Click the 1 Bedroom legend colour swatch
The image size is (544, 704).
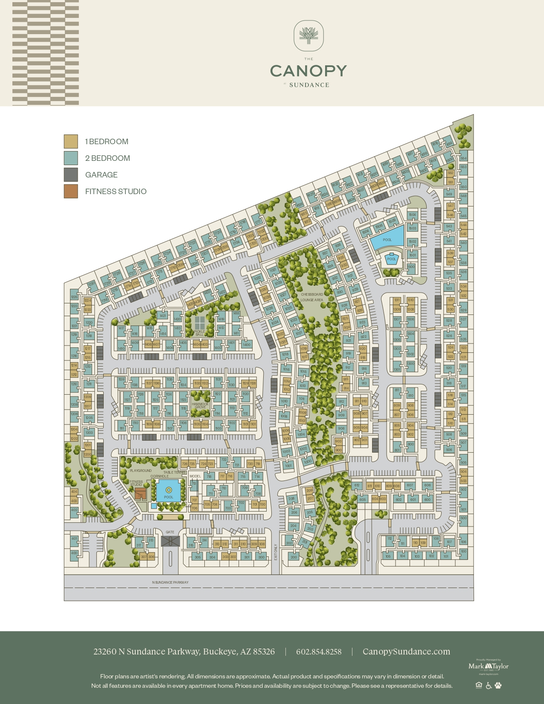[71, 141]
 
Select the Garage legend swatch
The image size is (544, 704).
[71, 175]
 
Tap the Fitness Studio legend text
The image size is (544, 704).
[116, 192]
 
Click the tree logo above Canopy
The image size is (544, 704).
[308, 36]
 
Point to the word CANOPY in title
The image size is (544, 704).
[308, 71]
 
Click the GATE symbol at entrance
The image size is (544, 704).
[170, 541]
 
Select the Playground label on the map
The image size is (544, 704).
[141, 471]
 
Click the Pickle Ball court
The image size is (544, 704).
[200, 323]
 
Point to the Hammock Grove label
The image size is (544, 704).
[200, 405]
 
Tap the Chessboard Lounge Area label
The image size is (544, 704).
[312, 297]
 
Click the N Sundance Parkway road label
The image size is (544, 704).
[170, 582]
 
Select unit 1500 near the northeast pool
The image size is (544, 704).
[410, 267]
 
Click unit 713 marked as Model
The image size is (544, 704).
[194, 484]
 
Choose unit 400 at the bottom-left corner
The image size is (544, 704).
[74, 553]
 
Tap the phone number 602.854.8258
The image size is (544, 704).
[319, 652]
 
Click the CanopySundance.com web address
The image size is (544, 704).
[406, 652]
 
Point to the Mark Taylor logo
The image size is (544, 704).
[489, 666]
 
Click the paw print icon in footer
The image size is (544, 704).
[498, 685]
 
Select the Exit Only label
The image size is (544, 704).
[276, 552]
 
